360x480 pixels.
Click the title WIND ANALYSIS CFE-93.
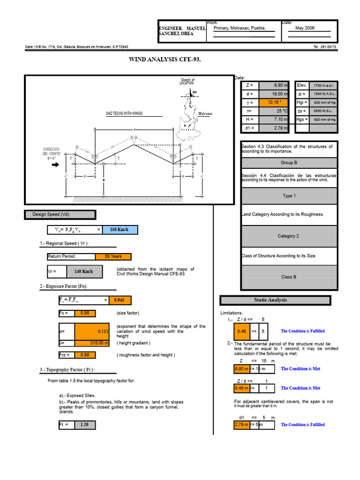click(x=167, y=60)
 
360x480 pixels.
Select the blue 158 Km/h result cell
click(x=119, y=230)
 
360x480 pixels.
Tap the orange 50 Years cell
click(x=112, y=256)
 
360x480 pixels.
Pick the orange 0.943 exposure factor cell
click(x=119, y=300)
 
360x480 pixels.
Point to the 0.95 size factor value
click(x=84, y=313)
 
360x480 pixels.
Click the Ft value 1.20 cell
click(x=84, y=425)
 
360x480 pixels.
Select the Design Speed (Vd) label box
click(x=60, y=215)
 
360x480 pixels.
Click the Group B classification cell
click(x=289, y=163)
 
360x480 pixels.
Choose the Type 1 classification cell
click(x=289, y=196)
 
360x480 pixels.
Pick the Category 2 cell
click(x=289, y=236)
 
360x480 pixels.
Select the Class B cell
click(x=289, y=277)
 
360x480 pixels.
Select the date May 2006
click(x=305, y=28)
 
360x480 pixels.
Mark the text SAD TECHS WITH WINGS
click(x=124, y=113)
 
